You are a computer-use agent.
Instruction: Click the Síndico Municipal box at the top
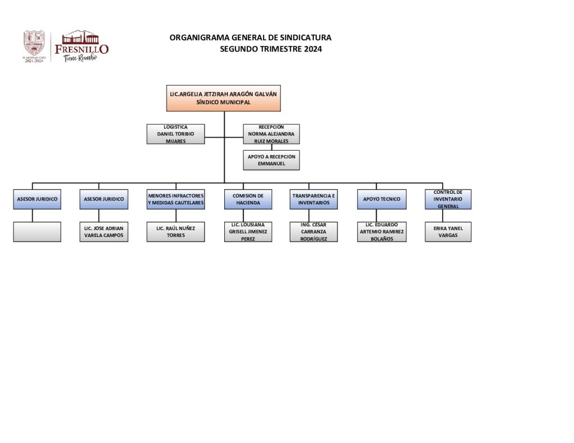pyautogui.click(x=223, y=98)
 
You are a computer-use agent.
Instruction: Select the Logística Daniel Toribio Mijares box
pyautogui.click(x=175, y=134)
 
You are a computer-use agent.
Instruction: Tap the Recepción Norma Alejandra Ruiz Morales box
pyautogui.click(x=271, y=134)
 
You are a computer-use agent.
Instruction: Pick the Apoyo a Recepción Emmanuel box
pyautogui.click(x=271, y=160)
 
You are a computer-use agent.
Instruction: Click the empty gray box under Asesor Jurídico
pyautogui.click(x=37, y=232)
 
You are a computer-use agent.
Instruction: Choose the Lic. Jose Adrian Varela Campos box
pyautogui.click(x=104, y=232)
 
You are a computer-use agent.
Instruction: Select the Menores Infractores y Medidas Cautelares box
pyautogui.click(x=175, y=199)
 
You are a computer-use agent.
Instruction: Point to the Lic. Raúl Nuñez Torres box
pyautogui.click(x=175, y=232)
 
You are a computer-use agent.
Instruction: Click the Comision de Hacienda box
pyautogui.click(x=248, y=199)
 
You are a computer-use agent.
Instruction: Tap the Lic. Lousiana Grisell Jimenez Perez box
pyautogui.click(x=248, y=232)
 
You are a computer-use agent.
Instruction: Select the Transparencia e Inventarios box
pyautogui.click(x=314, y=199)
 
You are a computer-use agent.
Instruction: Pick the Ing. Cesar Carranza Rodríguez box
pyautogui.click(x=314, y=232)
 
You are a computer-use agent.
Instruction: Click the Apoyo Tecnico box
pyautogui.click(x=381, y=199)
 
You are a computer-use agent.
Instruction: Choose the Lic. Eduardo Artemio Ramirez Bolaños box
pyautogui.click(x=381, y=232)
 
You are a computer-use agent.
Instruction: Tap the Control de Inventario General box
pyautogui.click(x=448, y=199)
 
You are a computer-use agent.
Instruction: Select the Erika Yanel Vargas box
pyautogui.click(x=448, y=232)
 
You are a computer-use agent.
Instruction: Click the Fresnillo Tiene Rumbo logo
pyautogui.click(x=82, y=46)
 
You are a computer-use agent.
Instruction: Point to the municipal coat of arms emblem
pyautogui.click(x=34, y=45)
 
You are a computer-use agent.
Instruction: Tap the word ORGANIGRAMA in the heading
pyautogui.click(x=194, y=38)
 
